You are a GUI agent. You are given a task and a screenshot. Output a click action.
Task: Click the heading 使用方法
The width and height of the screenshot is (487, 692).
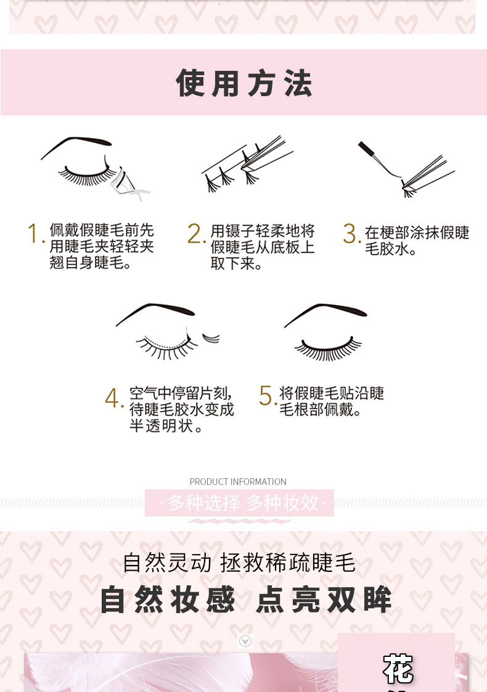tap(244, 83)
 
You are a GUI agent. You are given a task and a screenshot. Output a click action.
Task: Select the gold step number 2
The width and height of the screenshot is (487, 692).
tap(196, 234)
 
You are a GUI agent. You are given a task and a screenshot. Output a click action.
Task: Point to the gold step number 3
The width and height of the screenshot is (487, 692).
tap(352, 234)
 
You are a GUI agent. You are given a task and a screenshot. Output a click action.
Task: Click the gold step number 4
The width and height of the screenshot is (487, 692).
tap(114, 397)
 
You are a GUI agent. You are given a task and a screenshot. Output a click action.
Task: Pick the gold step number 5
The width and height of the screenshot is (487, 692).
tap(267, 396)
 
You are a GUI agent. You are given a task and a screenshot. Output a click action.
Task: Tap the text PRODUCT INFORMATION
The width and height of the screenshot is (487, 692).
tap(238, 481)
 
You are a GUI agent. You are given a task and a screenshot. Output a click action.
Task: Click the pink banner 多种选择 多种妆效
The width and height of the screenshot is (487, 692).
tap(239, 503)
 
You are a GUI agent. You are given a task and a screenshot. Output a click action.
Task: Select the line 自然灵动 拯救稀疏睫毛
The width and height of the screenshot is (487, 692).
tap(239, 563)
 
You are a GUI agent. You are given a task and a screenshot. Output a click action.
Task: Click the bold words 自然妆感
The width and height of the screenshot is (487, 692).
tap(168, 600)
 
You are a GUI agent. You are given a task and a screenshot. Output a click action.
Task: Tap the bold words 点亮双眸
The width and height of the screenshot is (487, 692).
tap(324, 600)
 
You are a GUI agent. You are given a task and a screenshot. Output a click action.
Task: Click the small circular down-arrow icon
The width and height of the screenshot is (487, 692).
tap(245, 641)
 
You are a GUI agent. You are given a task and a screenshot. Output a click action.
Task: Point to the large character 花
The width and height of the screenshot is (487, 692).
tap(398, 669)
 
